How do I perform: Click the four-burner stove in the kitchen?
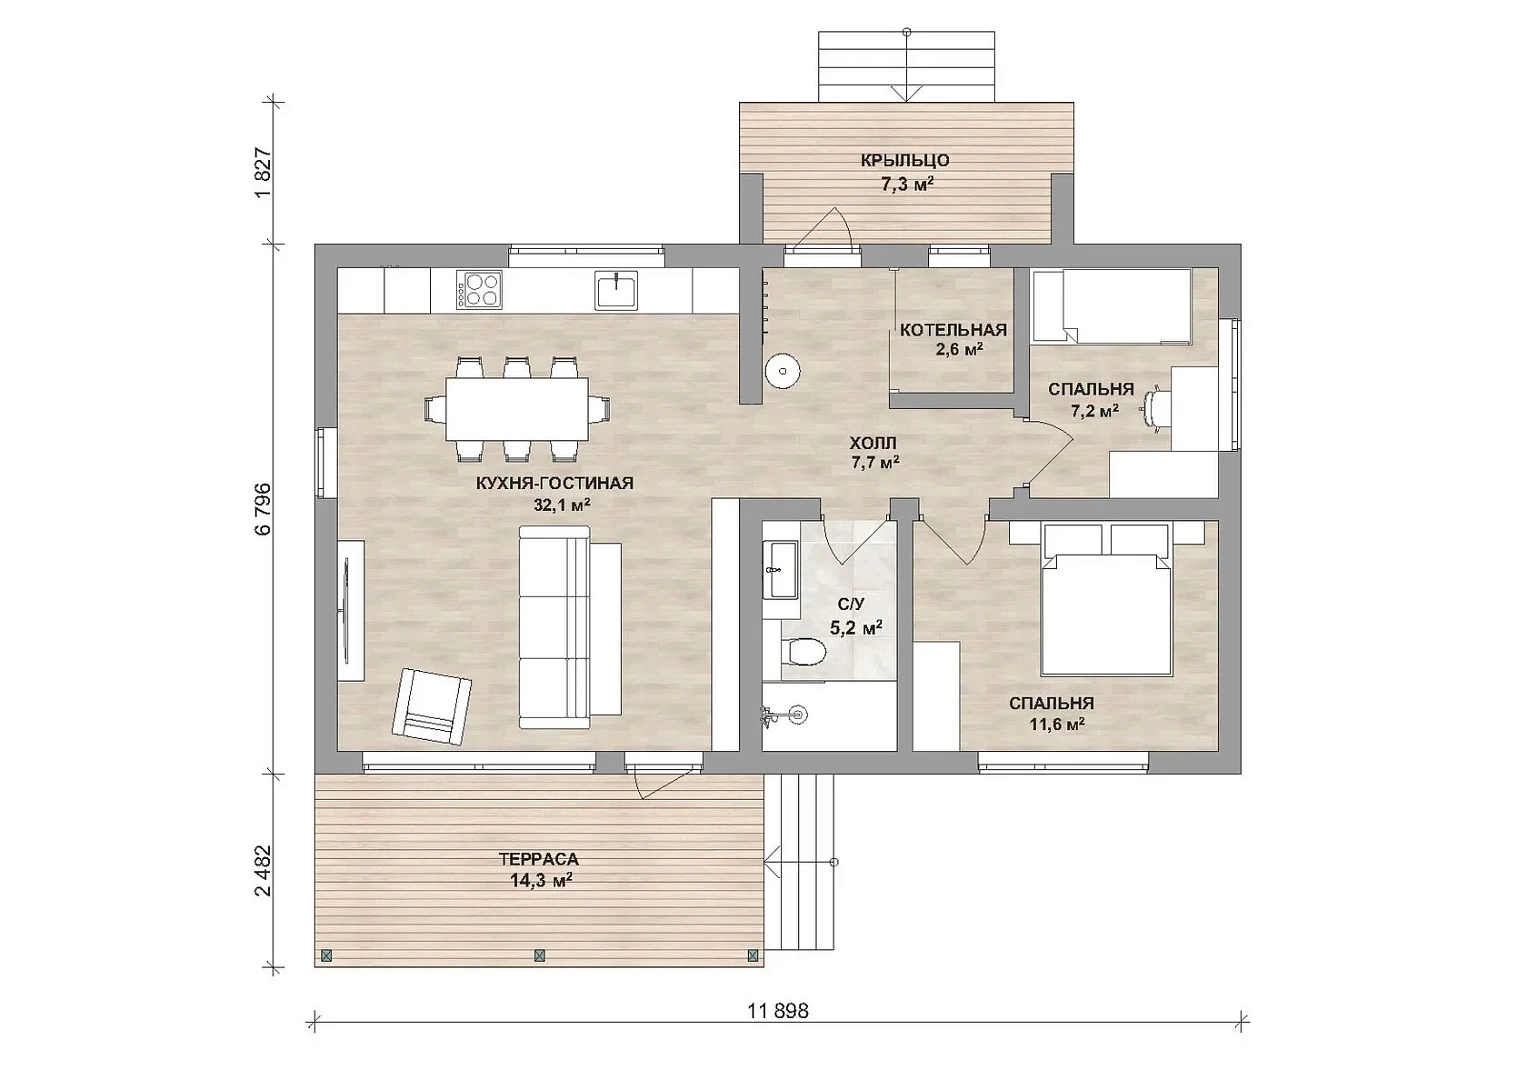pyautogui.click(x=480, y=290)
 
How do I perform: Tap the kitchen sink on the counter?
pyautogui.click(x=616, y=290)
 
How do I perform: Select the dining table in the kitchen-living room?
pyautogui.click(x=517, y=409)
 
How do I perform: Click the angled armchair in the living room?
pyautogui.click(x=432, y=706)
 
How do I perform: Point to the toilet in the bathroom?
pyautogui.click(x=804, y=651)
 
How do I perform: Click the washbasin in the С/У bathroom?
pyautogui.click(x=781, y=569)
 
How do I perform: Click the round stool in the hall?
pyautogui.click(x=782, y=372)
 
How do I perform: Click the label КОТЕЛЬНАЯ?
pyautogui.click(x=953, y=330)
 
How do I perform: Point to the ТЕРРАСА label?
pyautogui.click(x=538, y=859)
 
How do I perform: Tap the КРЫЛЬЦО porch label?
pyautogui.click(x=905, y=161)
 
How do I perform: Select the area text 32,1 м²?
pyautogui.click(x=562, y=505)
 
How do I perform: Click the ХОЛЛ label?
pyautogui.click(x=874, y=442)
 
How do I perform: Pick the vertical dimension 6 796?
pyautogui.click(x=264, y=509)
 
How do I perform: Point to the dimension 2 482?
pyautogui.click(x=264, y=871)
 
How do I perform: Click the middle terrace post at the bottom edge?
pyautogui.click(x=539, y=955)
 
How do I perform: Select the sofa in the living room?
pyautogui.click(x=570, y=627)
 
